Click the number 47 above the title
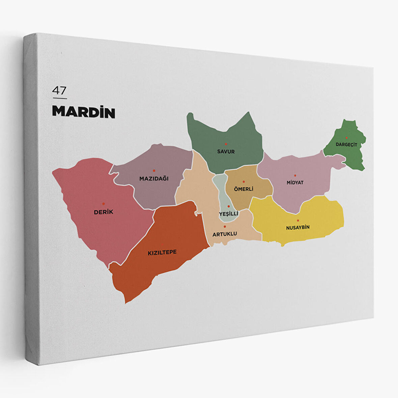[x=59, y=91]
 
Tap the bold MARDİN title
[x=84, y=112]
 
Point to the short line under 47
[x=60, y=98]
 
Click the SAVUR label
[x=226, y=151]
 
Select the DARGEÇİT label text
[x=346, y=144]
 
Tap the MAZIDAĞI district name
[x=154, y=178]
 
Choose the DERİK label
[x=104, y=212]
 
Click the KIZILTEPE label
[x=162, y=252]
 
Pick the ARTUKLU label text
[x=225, y=234]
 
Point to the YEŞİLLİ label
[x=228, y=214]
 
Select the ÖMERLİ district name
[x=244, y=189]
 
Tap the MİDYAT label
[x=295, y=182]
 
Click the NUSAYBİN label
[x=297, y=227]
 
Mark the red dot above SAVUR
[x=226, y=144]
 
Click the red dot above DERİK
[x=104, y=204]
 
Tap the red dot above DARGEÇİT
[x=346, y=138]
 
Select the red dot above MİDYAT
[x=295, y=175]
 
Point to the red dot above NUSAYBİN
[x=298, y=221]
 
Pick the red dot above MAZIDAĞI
[x=154, y=171]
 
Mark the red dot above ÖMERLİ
[x=244, y=182]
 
